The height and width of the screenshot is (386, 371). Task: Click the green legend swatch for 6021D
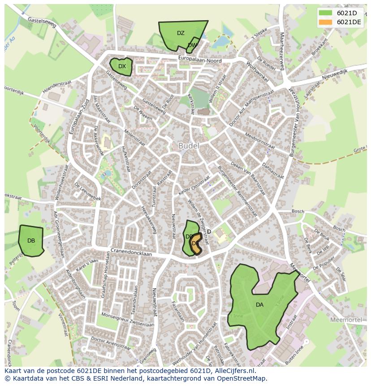point(325,13)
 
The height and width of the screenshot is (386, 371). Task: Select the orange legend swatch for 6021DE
point(325,22)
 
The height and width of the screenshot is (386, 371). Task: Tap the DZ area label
point(181,33)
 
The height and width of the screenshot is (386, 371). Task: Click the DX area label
point(122,66)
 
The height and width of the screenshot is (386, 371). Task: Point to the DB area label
point(31,241)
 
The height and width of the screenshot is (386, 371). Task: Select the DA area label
point(259,305)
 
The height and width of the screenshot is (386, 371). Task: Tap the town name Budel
point(189,146)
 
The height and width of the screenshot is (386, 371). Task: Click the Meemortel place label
point(345,320)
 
